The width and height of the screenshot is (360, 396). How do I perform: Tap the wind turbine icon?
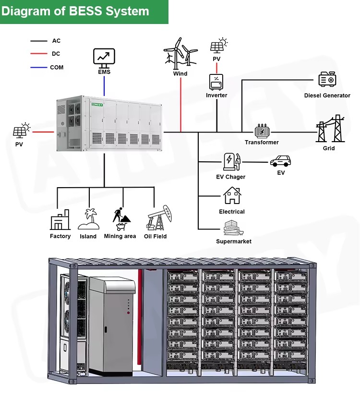tap(180, 54)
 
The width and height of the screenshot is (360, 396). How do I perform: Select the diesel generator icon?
tap(327, 79)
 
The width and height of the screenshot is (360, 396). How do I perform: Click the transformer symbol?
tap(262, 131)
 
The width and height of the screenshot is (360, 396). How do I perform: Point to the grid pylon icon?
tap(330, 129)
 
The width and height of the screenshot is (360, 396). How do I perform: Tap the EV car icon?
tap(280, 161)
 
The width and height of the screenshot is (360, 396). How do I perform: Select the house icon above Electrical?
tap(232, 195)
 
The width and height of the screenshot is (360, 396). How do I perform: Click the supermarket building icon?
tap(233, 228)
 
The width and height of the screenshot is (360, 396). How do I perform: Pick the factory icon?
tap(60, 219)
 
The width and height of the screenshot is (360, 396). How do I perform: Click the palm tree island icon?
tap(88, 219)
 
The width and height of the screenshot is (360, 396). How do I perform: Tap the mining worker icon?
tap(121, 219)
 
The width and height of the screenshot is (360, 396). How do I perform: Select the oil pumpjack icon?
tap(159, 218)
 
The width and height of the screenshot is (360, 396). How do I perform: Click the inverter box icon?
tap(216, 82)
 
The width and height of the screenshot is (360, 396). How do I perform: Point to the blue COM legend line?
tap(39, 67)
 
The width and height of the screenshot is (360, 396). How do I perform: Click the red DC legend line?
tap(39, 54)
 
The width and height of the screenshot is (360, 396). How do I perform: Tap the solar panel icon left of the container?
tap(22, 131)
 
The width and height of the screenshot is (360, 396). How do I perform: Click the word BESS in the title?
tap(85, 11)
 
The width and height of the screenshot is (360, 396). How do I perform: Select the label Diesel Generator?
tap(327, 96)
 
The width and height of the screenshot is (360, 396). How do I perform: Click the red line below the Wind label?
tap(180, 105)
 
